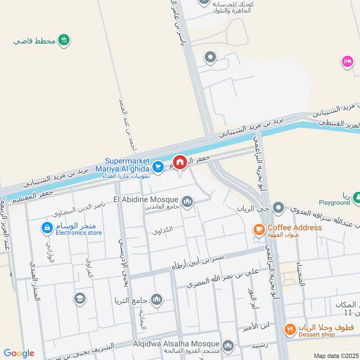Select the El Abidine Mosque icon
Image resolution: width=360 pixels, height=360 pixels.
188,201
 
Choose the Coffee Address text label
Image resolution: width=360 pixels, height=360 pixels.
295,228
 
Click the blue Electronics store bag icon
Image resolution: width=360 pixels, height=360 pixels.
46,228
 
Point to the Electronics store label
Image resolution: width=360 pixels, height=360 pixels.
79,233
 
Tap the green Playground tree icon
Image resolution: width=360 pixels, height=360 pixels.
357,197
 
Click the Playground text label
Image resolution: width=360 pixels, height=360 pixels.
334,202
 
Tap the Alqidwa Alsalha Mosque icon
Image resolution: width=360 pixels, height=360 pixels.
228,345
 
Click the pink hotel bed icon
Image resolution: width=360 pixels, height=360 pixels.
347,61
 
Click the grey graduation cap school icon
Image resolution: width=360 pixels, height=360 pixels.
80,298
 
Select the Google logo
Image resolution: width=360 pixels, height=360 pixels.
19,353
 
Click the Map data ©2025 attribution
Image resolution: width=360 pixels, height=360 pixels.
335,356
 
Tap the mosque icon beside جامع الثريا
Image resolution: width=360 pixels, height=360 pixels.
157,299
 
